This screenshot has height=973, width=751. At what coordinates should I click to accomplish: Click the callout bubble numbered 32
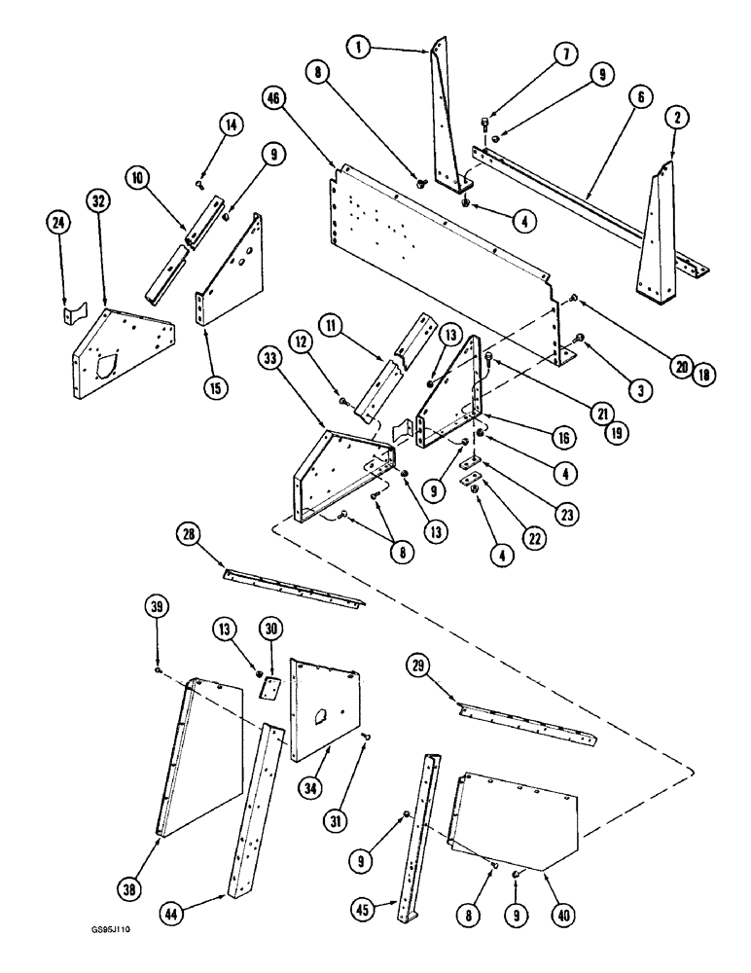(x=97, y=201)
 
